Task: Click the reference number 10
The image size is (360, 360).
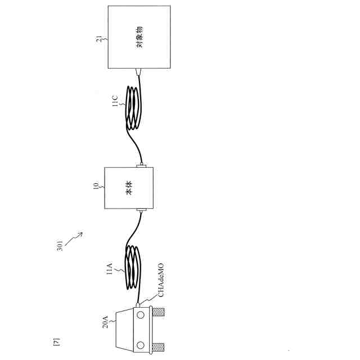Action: click(96, 185)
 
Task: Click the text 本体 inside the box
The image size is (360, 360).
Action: click(129, 188)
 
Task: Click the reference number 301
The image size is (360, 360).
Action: click(61, 249)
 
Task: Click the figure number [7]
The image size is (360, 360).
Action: click(56, 341)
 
